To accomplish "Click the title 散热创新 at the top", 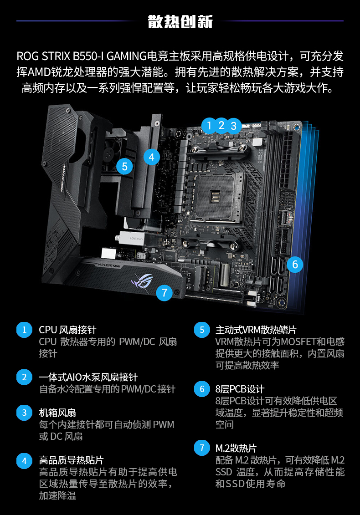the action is tap(180, 21).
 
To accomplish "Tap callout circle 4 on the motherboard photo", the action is tap(152, 157).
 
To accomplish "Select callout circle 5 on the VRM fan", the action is tap(124, 166).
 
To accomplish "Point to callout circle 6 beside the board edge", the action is tap(295, 265).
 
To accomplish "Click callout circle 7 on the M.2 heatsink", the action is tap(165, 292).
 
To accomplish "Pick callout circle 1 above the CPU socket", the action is tap(209, 126).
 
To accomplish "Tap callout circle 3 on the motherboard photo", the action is tap(234, 126).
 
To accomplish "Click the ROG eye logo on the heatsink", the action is tap(142, 281).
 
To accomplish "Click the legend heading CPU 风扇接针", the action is tap(67, 330).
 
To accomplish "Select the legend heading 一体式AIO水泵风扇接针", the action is tap(88, 377).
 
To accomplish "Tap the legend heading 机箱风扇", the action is tap(57, 413).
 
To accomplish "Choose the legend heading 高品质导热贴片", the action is tap(71, 460).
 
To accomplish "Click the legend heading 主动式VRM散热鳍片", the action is tap(256, 330).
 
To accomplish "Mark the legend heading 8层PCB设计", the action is tap(240, 389).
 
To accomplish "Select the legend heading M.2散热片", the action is tap(236, 448).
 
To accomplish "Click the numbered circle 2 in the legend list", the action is tap(24, 377).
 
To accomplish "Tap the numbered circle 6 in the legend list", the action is tap(202, 389).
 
